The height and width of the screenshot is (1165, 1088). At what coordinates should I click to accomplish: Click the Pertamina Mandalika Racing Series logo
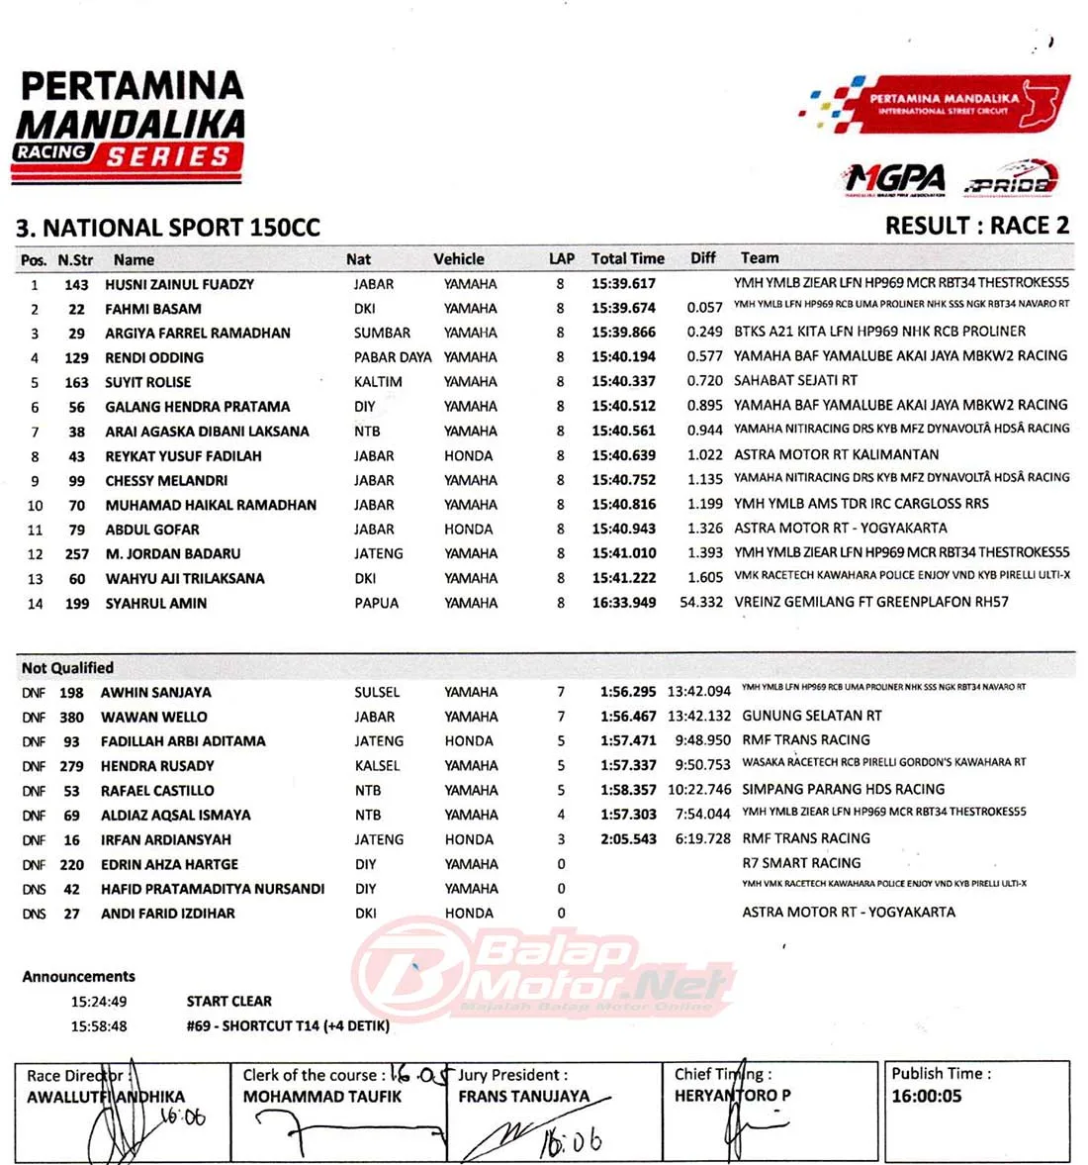click(130, 127)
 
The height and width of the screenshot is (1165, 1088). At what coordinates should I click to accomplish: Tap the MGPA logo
click(895, 180)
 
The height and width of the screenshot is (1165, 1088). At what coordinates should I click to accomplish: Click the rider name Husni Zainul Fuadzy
click(179, 284)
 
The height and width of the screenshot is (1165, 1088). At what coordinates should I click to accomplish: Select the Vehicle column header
click(459, 259)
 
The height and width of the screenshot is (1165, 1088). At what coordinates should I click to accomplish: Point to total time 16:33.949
click(623, 603)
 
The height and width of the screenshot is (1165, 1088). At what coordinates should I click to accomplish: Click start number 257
click(77, 554)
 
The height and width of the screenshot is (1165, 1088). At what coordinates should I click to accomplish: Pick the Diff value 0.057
click(704, 308)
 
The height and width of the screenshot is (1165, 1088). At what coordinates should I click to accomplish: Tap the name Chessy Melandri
click(166, 480)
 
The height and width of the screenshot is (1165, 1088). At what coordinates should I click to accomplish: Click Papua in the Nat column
click(377, 603)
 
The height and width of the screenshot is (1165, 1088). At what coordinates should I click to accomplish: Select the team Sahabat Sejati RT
click(795, 380)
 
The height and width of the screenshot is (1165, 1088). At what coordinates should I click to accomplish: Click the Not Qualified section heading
click(67, 668)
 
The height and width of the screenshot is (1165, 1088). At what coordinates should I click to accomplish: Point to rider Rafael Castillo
click(157, 791)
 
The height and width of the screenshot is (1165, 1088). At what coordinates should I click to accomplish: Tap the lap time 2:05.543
click(628, 839)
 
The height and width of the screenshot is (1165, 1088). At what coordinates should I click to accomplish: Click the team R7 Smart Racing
click(801, 863)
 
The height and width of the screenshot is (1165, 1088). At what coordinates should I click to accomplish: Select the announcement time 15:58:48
click(99, 1026)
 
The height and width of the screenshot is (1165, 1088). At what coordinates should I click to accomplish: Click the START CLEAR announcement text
click(228, 1002)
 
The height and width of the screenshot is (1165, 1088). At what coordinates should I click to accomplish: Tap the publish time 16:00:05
click(927, 1096)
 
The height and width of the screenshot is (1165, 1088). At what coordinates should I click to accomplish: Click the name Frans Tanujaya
click(523, 1097)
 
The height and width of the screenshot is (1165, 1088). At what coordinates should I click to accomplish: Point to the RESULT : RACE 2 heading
click(976, 226)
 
